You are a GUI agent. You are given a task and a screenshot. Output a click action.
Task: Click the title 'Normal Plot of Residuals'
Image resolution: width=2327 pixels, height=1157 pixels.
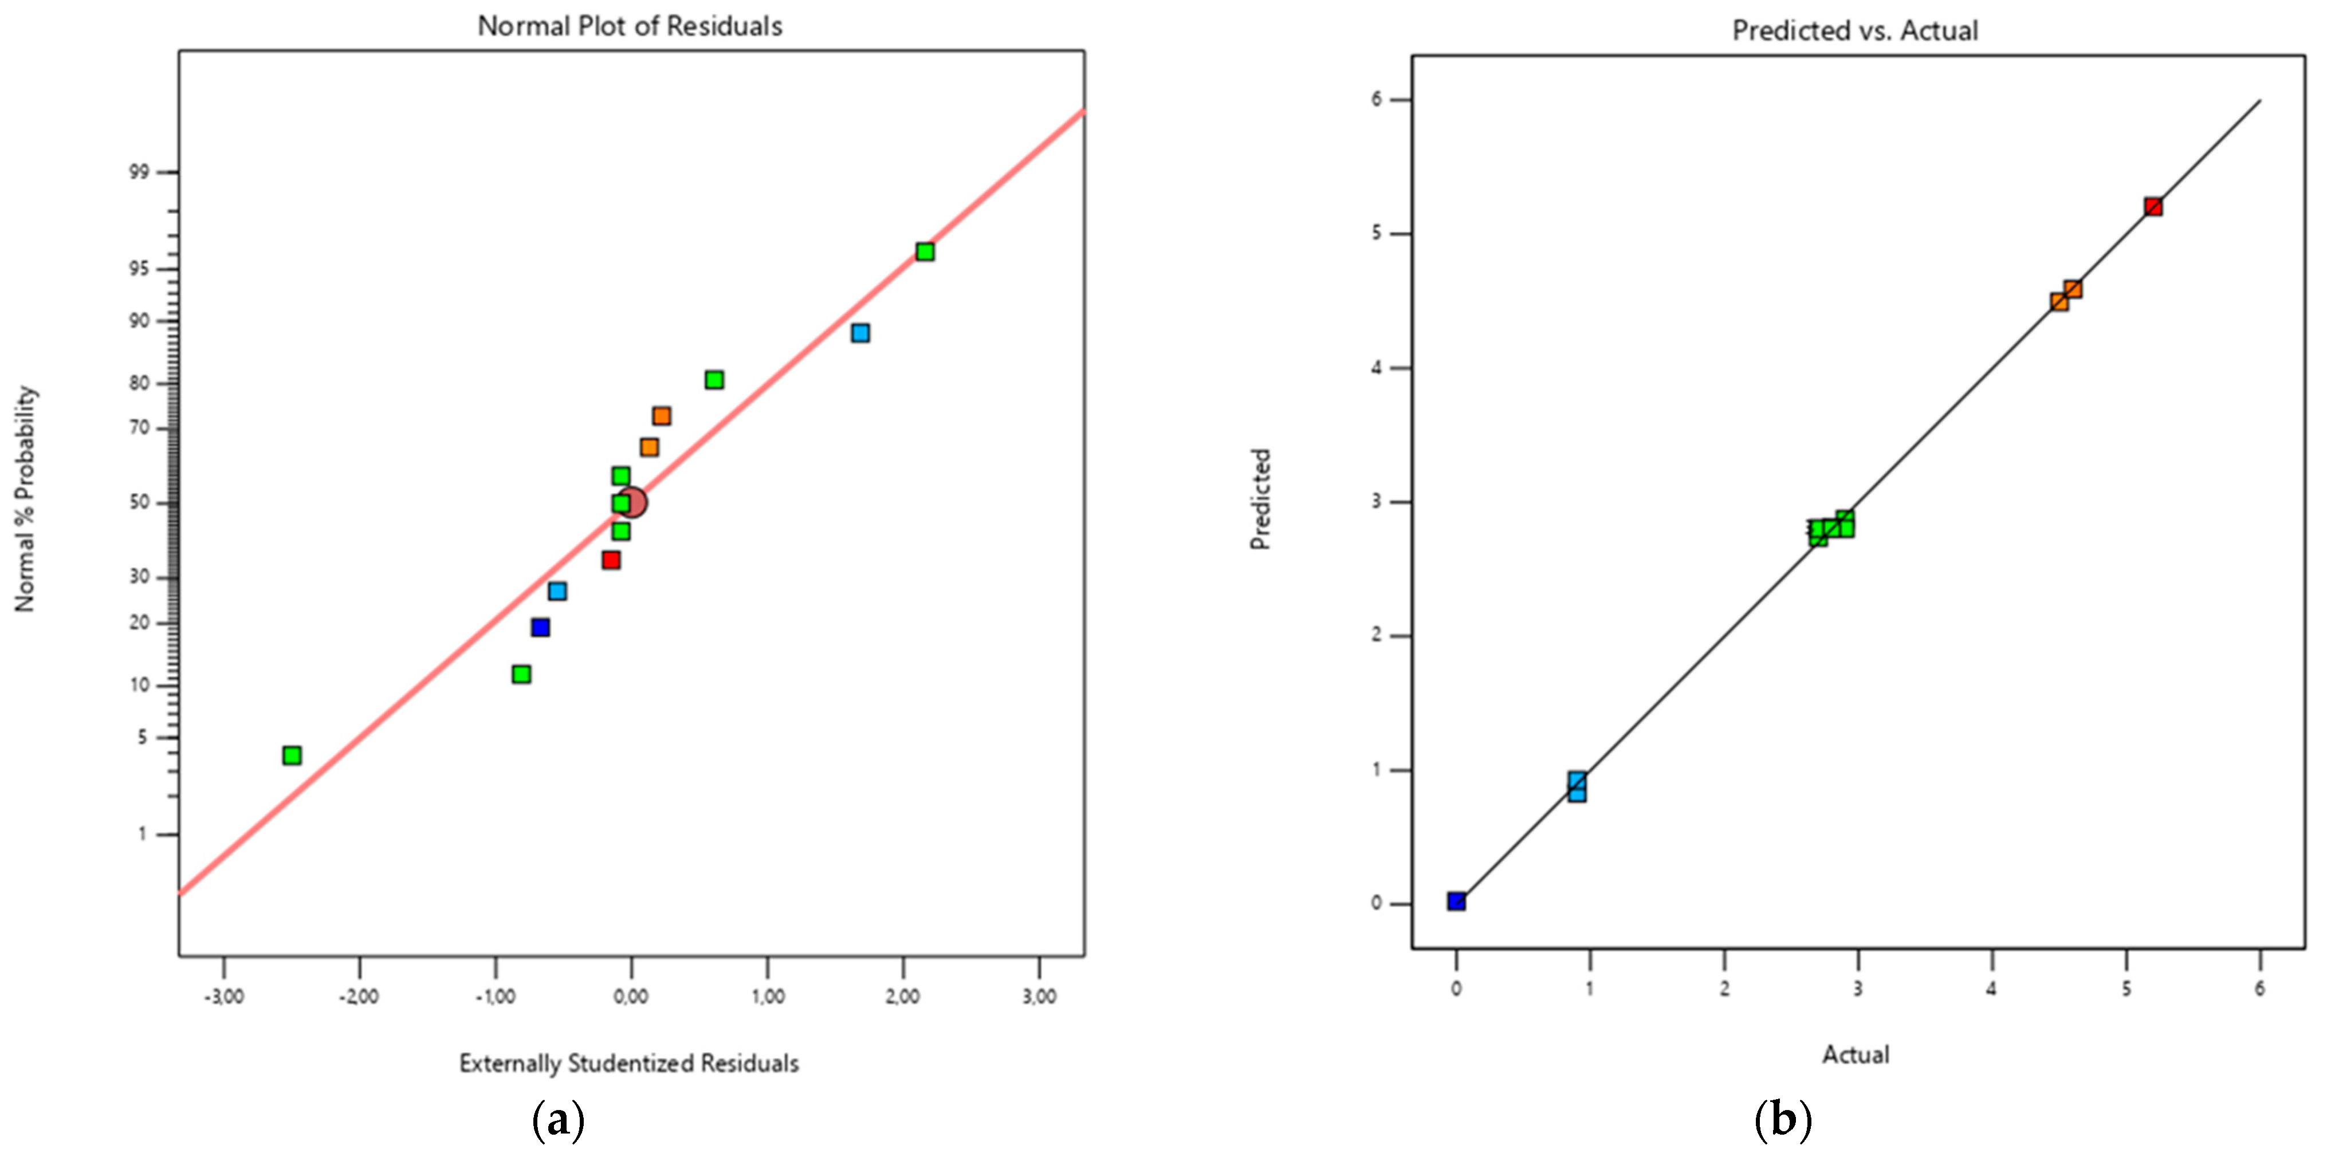[x=630, y=26]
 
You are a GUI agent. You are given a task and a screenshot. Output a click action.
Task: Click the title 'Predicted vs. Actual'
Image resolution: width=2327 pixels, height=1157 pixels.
[x=1854, y=31]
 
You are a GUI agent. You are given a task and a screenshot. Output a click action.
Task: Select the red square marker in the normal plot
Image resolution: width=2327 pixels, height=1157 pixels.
[x=611, y=560]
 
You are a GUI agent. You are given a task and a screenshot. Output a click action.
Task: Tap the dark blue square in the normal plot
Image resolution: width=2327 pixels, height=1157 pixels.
[x=540, y=627]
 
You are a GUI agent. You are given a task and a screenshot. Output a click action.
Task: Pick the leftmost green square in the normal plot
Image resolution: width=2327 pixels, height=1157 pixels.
[x=292, y=755]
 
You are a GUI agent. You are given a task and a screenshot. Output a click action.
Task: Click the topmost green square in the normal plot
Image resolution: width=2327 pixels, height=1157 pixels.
[x=924, y=251]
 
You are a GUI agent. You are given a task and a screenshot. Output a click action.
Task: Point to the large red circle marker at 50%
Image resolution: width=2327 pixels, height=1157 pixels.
[x=632, y=502]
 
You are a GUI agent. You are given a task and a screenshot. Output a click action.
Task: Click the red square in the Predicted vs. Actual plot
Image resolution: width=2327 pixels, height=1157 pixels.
[x=2153, y=207]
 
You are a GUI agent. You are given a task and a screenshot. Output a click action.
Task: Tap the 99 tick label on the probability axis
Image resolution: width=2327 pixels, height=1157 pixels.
[x=139, y=172]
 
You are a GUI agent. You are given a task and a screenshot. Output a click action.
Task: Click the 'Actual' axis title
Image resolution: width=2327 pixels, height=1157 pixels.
[x=1856, y=1054]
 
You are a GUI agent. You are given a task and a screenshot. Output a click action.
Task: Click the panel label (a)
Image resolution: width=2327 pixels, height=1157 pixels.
[x=559, y=1121]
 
